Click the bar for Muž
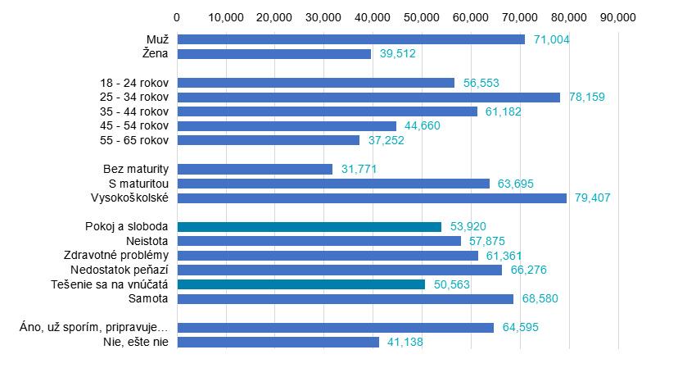click(350, 39)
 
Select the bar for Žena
click(273, 54)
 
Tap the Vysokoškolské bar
click(372, 198)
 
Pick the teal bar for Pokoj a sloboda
click(309, 227)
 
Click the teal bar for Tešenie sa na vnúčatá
click(301, 284)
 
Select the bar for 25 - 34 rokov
click(368, 97)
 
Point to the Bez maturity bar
click(255, 169)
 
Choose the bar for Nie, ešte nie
click(278, 342)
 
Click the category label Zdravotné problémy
click(115, 256)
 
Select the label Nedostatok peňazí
click(120, 270)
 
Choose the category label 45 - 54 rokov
click(133, 125)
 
